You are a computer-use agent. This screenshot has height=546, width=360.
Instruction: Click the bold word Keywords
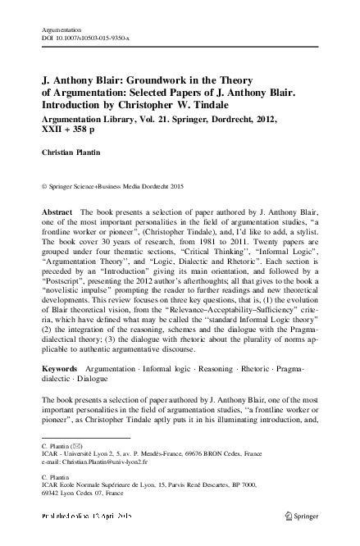(x=62, y=372)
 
